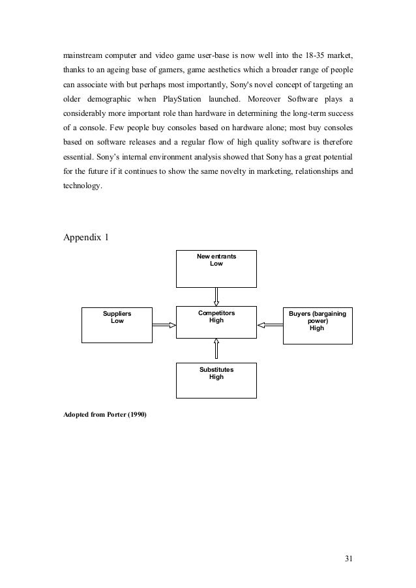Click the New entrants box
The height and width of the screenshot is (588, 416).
pyautogui.click(x=216, y=268)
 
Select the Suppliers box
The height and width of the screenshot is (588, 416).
pyautogui.click(x=117, y=325)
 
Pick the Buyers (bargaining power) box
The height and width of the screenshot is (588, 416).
pyautogui.click(x=317, y=325)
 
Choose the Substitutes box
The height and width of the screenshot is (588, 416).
pyautogui.click(x=216, y=380)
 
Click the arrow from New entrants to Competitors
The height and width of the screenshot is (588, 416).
pyautogui.click(x=216, y=297)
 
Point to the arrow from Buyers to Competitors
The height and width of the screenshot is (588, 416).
pyautogui.click(x=269, y=324)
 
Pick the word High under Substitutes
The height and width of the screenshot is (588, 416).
pyautogui.click(x=216, y=377)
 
